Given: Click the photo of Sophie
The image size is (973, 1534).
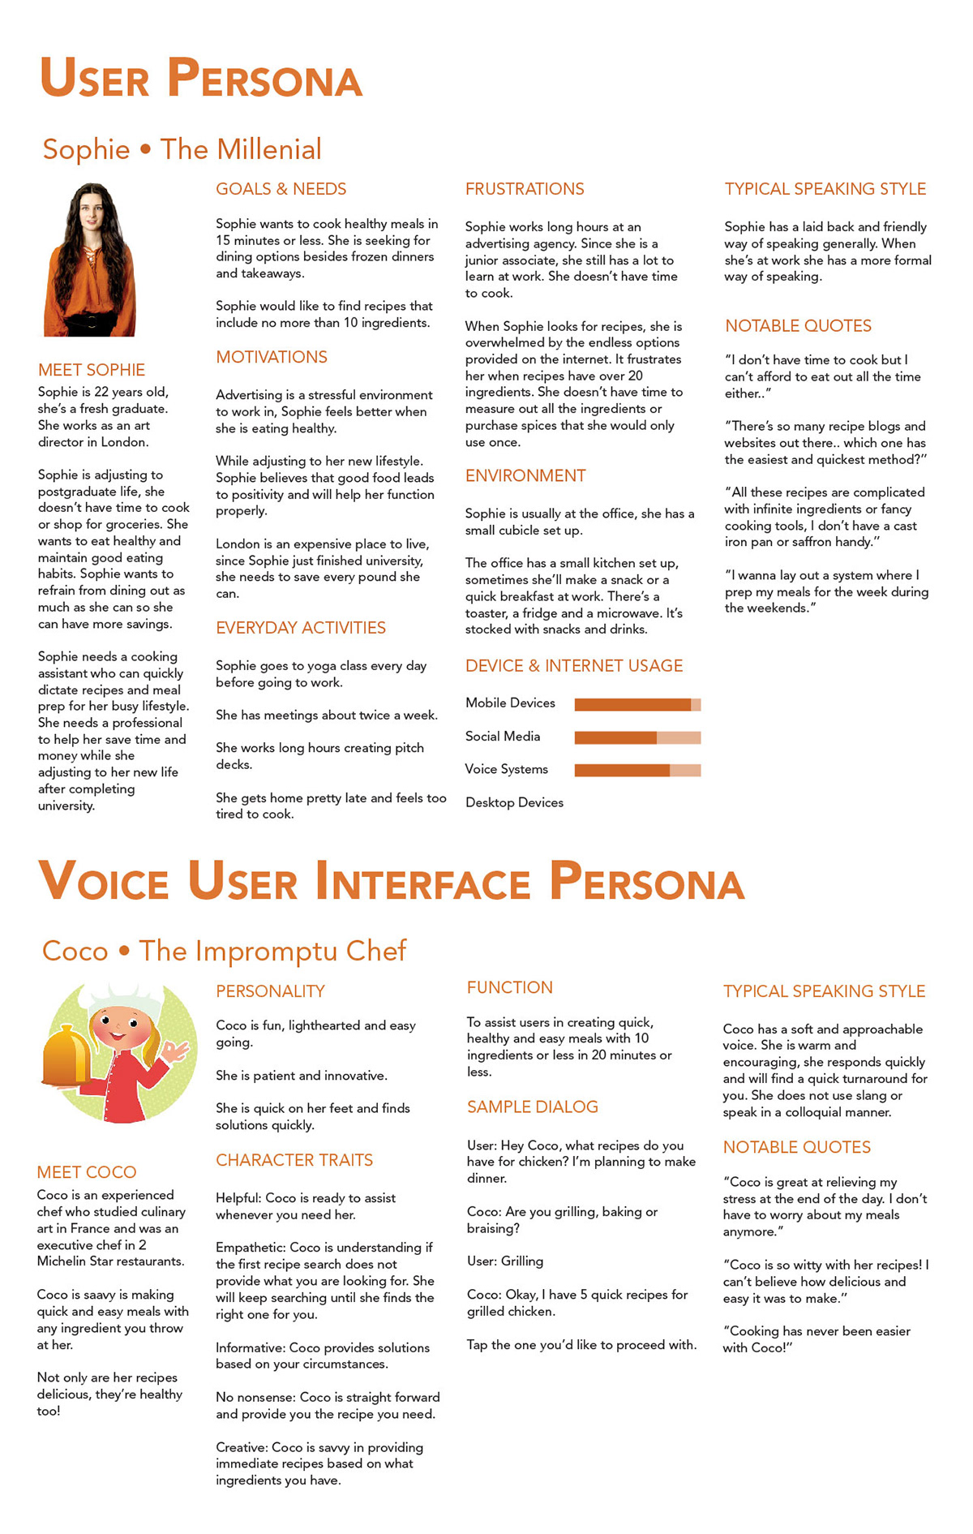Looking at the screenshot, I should pos(90,260).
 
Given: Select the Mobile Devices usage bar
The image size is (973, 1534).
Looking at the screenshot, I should pos(637,704).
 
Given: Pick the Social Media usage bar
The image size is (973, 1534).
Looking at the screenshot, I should pos(637,737).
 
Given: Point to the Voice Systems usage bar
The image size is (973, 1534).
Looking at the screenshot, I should pos(637,770).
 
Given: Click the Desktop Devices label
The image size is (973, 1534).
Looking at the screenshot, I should pos(514,802).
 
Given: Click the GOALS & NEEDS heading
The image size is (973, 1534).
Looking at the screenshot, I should pos(281,189).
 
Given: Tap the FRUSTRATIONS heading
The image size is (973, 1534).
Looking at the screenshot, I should pos(525,189).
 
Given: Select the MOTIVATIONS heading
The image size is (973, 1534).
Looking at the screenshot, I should pos(272,357).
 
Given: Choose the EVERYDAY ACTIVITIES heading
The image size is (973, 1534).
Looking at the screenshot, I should pos(301,628).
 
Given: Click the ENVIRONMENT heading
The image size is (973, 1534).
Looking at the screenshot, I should pos(525,476).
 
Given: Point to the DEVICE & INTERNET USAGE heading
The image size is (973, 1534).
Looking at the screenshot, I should pos(574,666).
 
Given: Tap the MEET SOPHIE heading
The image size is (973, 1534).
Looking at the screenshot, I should pos(92,370).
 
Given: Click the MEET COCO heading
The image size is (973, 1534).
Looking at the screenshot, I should pos(87,1172).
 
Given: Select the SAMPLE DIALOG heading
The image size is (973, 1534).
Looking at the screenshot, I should pos(533,1107).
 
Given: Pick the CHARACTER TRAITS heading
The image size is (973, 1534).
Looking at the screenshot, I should pos(294,1160).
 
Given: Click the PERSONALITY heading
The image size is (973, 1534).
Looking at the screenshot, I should pos(270,991).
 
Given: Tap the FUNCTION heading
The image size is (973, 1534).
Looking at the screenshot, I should pos(510,988).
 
